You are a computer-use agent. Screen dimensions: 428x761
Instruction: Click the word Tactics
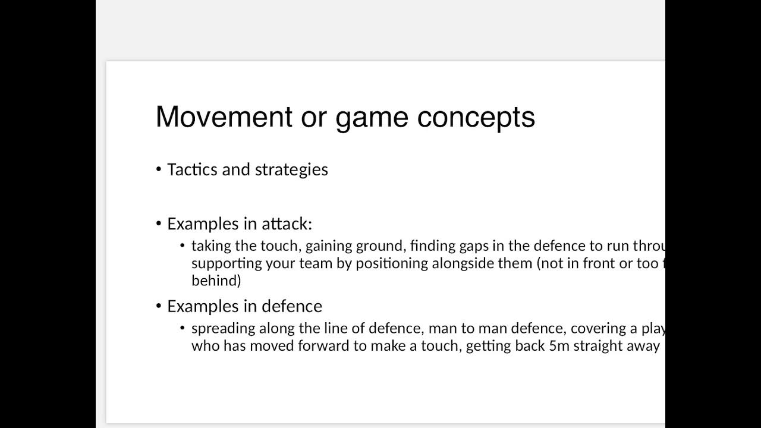pyautogui.click(x=192, y=169)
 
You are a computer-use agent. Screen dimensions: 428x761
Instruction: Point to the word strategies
pyautogui.click(x=291, y=170)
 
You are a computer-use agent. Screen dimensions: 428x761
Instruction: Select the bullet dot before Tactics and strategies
pyautogui.click(x=159, y=169)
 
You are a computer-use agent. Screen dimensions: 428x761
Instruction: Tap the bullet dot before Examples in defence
pyautogui.click(x=159, y=306)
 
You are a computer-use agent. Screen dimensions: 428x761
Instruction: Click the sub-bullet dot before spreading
pyautogui.click(x=183, y=328)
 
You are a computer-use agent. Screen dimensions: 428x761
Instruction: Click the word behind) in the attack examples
pyautogui.click(x=216, y=280)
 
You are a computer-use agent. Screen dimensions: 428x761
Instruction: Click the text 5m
pyautogui.click(x=559, y=345)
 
